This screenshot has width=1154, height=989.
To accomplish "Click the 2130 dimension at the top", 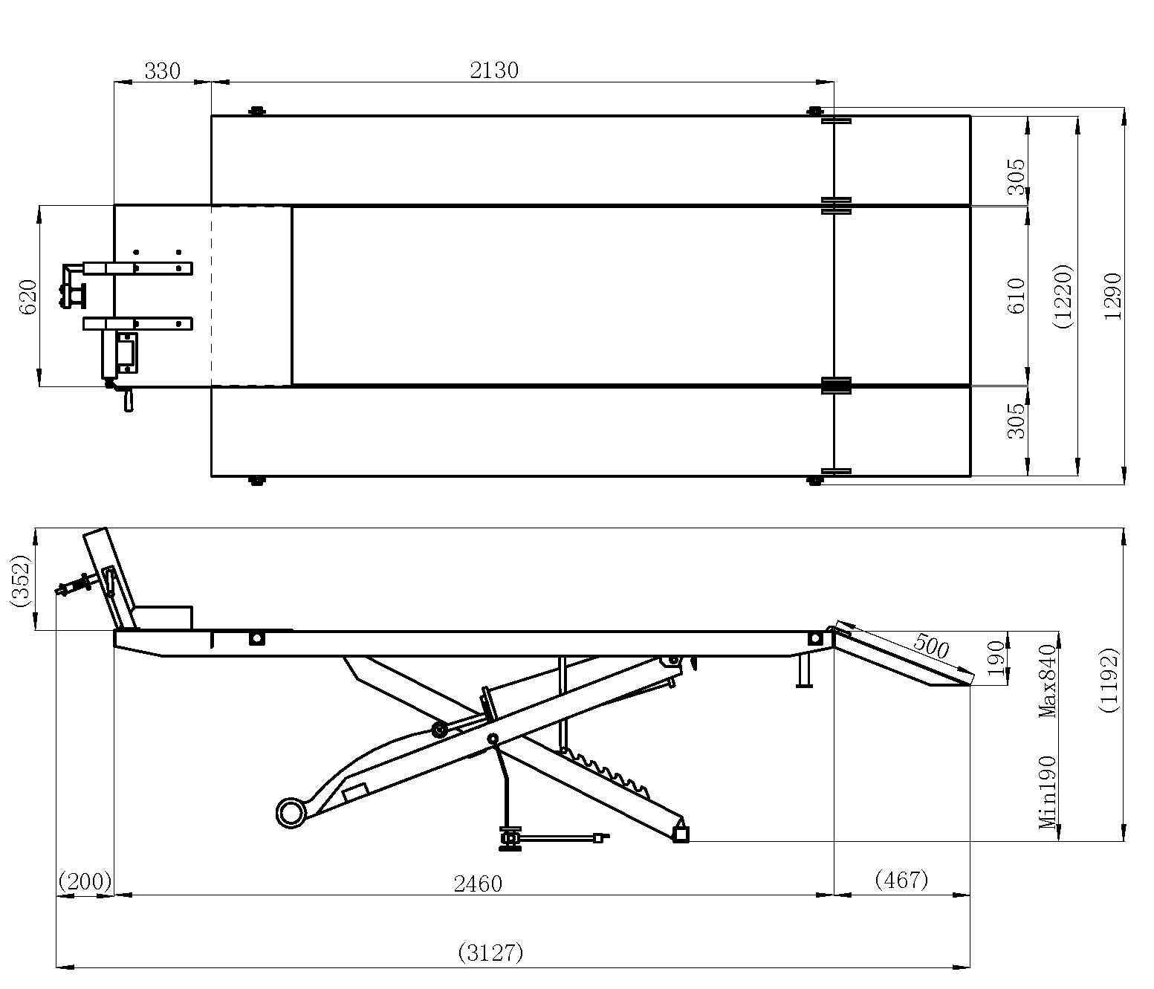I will (494, 71).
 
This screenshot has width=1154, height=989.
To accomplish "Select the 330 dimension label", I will (162, 71).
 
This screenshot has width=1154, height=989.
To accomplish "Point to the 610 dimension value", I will (1017, 295).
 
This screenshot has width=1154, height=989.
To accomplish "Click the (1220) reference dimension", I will (1063, 296).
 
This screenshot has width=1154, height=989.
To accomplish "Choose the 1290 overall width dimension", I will (1112, 296).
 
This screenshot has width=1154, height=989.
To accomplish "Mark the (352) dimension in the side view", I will (20, 580).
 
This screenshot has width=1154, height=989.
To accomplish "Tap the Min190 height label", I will (1048, 792).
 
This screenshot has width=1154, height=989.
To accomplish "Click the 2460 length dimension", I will (478, 883).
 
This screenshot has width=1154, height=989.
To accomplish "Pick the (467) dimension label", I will (901, 880).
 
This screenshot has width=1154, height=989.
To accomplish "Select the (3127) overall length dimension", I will (490, 953).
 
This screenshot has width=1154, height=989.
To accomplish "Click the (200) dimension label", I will (85, 882).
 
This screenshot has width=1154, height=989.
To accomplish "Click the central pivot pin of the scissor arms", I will (492, 738).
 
